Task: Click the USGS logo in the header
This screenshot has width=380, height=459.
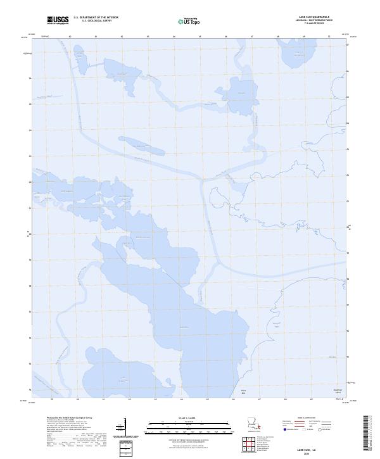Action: point(58,20)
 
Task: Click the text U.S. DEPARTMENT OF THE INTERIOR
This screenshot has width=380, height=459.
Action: point(96,18)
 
